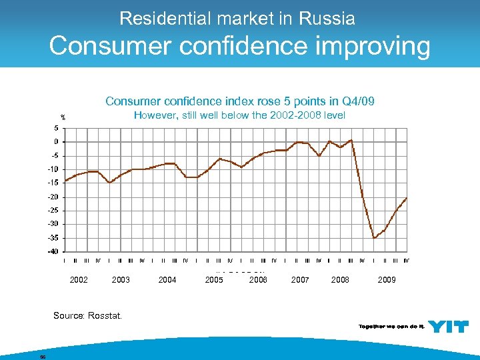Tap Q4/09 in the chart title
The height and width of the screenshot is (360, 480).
(x=358, y=101)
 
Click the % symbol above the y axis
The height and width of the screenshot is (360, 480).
(x=63, y=119)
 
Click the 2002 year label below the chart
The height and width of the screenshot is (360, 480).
(x=79, y=280)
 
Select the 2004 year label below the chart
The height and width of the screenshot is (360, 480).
(x=167, y=280)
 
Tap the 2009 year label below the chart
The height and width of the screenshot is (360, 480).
(x=387, y=280)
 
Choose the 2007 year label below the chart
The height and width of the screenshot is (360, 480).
(x=300, y=280)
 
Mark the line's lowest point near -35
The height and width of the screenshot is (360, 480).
(x=374, y=237)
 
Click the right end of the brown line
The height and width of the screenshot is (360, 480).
(x=407, y=198)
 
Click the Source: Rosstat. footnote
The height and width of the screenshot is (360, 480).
(x=87, y=315)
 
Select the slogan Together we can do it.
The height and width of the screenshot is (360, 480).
(x=390, y=326)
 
